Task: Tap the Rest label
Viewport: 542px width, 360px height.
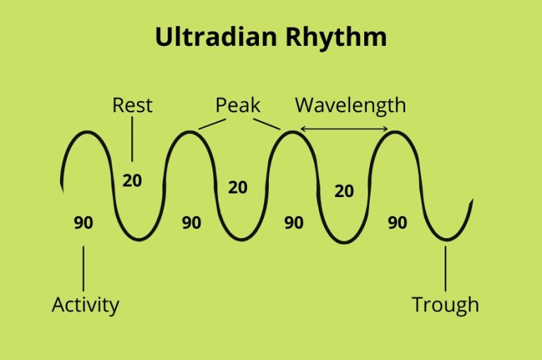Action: pos(132,105)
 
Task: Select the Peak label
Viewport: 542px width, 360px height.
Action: pos(238,105)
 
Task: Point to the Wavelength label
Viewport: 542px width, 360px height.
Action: pos(350,105)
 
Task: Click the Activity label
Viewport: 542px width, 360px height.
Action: pos(85,304)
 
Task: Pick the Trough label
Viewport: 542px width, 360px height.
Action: pos(445,304)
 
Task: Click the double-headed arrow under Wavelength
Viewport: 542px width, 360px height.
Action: pos(344,128)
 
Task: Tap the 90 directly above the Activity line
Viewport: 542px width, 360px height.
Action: pos(83,222)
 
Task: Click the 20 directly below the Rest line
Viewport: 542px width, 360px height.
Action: pos(132,180)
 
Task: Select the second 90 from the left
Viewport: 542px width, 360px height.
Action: pos(191,222)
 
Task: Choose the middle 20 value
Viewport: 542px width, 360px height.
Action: pos(238,187)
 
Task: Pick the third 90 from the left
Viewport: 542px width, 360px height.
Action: pos(294,222)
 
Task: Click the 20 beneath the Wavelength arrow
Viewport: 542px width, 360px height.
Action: pos(344,191)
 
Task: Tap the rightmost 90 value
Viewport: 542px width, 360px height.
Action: pos(397,222)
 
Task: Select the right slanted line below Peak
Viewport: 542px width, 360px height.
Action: pos(267,124)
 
